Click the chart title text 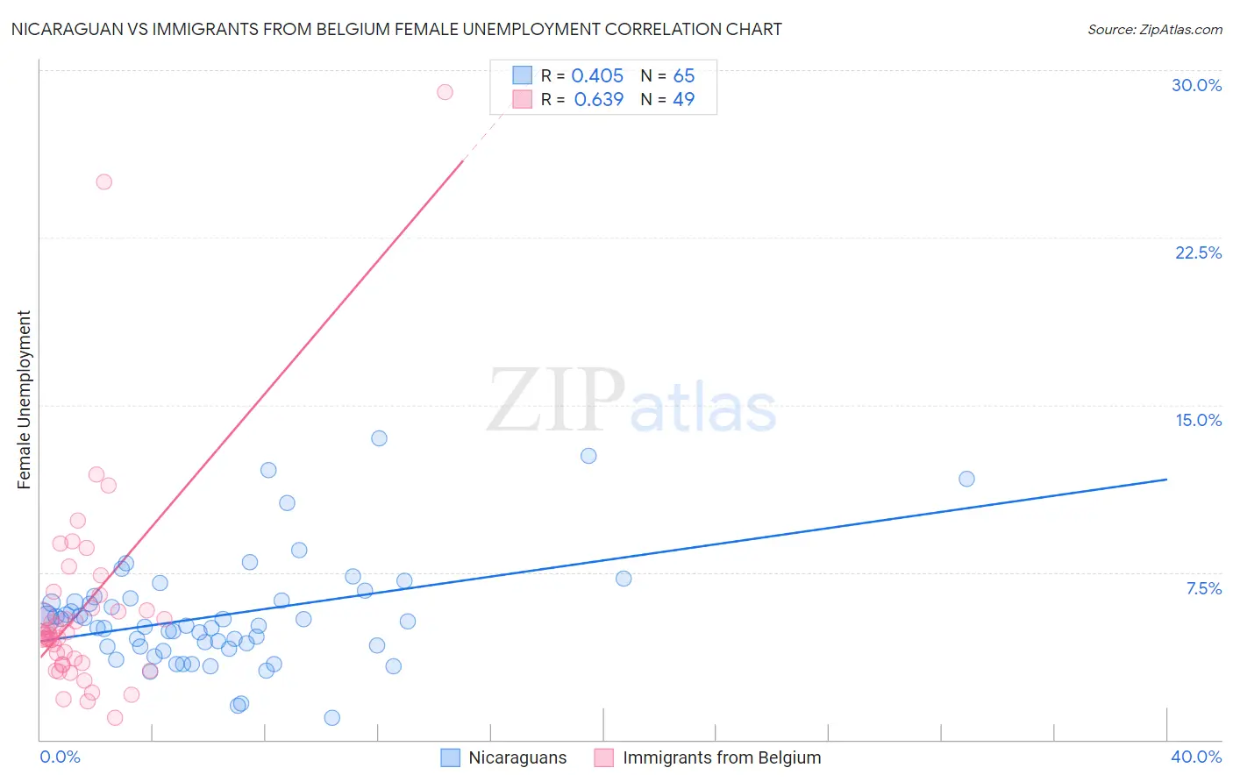pos(396,29)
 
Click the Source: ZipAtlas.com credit pos(1154,29)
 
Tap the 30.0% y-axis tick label pos(1196,85)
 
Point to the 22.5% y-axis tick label pos(1198,252)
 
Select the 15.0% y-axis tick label pos(1198,420)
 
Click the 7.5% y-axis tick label pos(1203,588)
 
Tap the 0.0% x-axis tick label pos(60,757)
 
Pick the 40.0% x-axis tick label pos(1195,757)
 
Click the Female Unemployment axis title pos(24,400)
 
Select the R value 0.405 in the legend pos(597,75)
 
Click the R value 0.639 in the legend pos(598,99)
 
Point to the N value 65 pos(683,75)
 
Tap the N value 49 pos(683,99)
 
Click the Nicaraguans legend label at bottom pos(517,757)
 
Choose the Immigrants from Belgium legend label pos(722,757)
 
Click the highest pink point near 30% pos(445,92)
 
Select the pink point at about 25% pos(103,182)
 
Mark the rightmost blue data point pos(966,479)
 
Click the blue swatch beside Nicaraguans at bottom pos(451,757)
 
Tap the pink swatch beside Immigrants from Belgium pos(603,757)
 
